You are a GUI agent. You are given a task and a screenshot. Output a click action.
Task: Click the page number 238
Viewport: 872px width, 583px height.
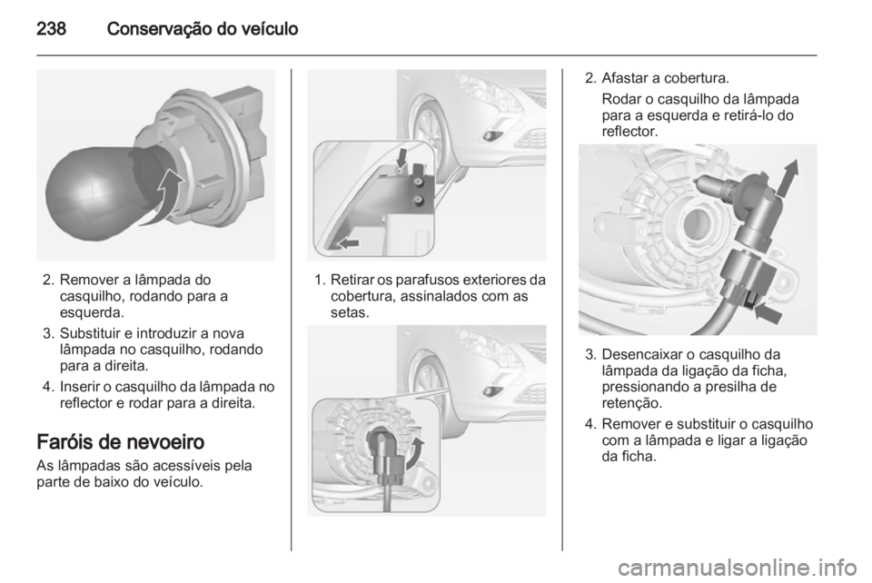tap(51, 29)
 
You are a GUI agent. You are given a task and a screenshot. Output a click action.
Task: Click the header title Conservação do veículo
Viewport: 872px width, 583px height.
tap(203, 29)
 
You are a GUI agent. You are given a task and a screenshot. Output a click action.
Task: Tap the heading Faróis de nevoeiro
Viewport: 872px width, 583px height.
tap(121, 442)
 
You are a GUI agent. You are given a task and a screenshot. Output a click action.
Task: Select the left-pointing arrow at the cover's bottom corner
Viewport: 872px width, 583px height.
tap(347, 242)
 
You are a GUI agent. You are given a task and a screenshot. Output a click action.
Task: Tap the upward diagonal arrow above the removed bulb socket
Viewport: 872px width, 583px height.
tap(788, 177)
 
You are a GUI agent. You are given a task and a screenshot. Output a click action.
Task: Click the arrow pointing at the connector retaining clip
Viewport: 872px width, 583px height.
tap(768, 311)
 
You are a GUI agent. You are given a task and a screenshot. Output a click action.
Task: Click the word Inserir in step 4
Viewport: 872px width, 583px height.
tap(80, 387)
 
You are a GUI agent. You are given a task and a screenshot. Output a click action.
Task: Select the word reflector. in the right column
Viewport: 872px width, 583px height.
tap(629, 132)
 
